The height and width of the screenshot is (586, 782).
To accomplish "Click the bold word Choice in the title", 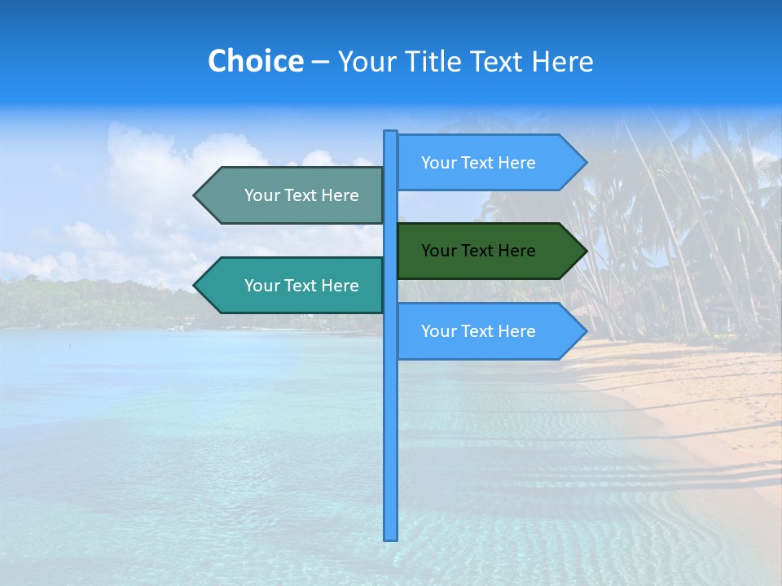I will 255,61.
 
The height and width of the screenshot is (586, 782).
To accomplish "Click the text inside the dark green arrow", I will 478,251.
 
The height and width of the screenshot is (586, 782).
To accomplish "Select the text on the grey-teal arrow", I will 301,195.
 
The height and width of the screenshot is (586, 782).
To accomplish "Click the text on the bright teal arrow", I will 301,286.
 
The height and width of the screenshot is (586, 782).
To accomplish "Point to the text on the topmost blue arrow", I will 478,163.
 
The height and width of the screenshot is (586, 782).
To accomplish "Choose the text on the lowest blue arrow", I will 478,331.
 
